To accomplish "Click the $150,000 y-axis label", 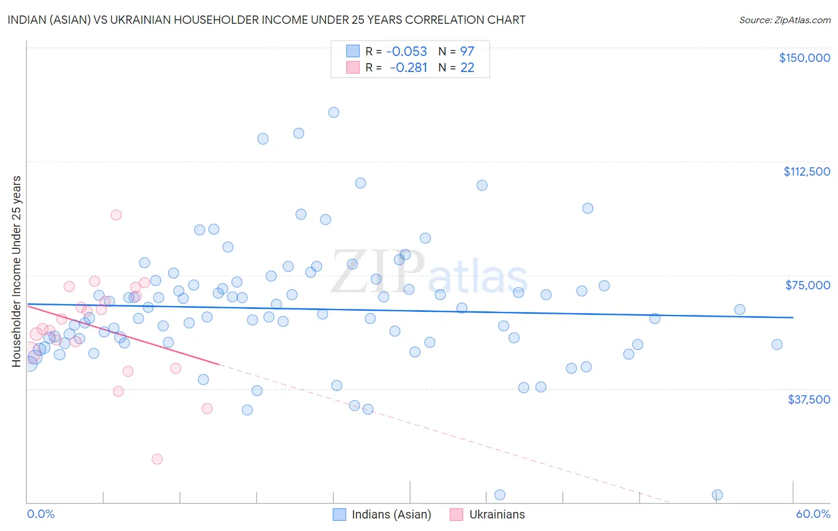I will (x=804, y=58).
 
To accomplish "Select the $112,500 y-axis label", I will (x=806, y=171).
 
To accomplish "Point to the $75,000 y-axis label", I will (x=808, y=285).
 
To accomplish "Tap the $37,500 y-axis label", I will (x=809, y=399).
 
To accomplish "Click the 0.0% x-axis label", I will (x=41, y=514).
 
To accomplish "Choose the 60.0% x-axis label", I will (x=813, y=514).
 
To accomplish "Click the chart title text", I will (x=266, y=20).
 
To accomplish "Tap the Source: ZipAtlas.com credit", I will (x=784, y=20).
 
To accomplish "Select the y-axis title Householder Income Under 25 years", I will (x=17, y=271).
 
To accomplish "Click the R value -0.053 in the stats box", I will (x=406, y=51).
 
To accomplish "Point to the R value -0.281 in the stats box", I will (x=408, y=67).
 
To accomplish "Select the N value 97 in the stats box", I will (x=467, y=51).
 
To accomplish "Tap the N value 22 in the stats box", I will (x=467, y=67).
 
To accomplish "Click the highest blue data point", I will (x=334, y=113).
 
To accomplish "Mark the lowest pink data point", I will (x=157, y=459).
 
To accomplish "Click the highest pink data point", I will (x=116, y=215).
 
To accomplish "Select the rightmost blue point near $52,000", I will (x=777, y=345).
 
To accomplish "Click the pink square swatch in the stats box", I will (x=353, y=67).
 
